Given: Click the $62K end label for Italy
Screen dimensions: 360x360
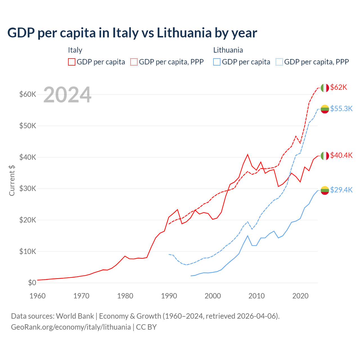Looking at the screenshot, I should click(x=339, y=87).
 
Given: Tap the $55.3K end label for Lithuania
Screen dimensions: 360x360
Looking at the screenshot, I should click(x=341, y=109).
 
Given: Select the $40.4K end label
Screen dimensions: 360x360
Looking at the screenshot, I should click(x=341, y=156).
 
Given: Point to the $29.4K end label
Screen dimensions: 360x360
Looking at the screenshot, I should click(x=341, y=190).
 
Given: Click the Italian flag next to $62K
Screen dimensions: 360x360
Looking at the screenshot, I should click(x=325, y=88).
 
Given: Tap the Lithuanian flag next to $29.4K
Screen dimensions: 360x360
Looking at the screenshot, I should click(x=325, y=190).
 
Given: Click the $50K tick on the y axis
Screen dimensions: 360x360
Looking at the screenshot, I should click(x=28, y=126).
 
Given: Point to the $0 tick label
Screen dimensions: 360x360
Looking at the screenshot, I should click(x=32, y=283).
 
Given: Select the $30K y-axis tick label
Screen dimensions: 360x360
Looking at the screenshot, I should click(x=28, y=189).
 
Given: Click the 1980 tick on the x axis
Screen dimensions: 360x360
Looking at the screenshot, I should click(x=125, y=296).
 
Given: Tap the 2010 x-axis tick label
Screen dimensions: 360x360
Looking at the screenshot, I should click(x=256, y=296).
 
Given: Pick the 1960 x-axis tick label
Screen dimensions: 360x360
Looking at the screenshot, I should click(x=37, y=296).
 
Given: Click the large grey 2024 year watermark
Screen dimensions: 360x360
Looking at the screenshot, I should click(x=67, y=95).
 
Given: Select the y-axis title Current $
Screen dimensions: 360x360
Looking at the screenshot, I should click(x=12, y=180).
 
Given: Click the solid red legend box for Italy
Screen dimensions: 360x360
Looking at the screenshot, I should click(x=72, y=62).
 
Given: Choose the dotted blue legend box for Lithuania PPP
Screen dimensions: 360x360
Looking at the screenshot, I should click(x=279, y=62).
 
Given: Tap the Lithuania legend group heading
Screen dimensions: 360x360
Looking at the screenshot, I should click(x=228, y=50).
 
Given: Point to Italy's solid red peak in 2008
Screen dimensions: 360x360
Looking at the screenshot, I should click(x=247, y=154).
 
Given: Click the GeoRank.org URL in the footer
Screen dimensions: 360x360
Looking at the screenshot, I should click(x=71, y=327).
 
